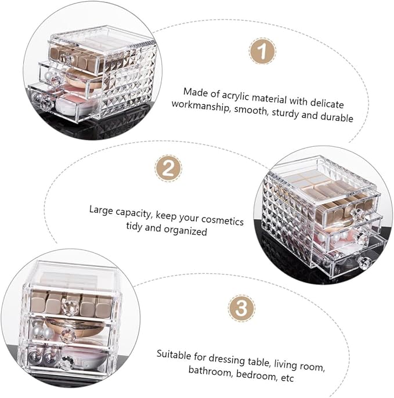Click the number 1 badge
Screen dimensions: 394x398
click(x=262, y=51)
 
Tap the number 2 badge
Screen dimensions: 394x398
click(x=168, y=168)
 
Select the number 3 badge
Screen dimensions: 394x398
click(x=241, y=309)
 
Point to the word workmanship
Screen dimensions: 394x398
click(x=200, y=107)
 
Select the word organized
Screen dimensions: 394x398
click(x=185, y=230)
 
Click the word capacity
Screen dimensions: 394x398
click(x=133, y=213)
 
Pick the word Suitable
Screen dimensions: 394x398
click(x=173, y=354)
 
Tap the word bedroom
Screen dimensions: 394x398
click(x=255, y=374)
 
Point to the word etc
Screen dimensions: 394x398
click(x=287, y=378)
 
